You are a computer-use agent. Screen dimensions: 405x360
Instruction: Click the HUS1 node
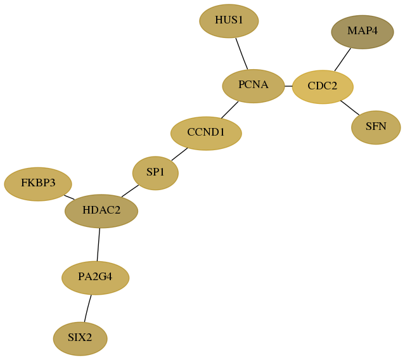click(229, 21)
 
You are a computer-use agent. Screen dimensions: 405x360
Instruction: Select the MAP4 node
click(363, 32)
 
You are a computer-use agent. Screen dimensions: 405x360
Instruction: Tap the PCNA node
click(254, 86)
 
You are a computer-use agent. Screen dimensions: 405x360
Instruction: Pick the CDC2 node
click(323, 87)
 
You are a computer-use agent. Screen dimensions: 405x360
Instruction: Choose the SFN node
click(376, 127)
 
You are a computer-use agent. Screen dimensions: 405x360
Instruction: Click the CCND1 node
click(206, 133)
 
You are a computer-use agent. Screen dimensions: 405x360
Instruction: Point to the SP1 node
click(155, 173)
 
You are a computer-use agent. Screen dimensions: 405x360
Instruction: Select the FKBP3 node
click(38, 184)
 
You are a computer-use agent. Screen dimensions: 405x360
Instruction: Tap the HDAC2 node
click(101, 211)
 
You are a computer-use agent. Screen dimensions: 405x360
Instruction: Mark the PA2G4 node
click(95, 278)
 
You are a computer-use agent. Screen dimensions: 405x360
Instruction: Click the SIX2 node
click(80, 338)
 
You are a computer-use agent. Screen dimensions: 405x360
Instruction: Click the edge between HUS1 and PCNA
click(241, 54)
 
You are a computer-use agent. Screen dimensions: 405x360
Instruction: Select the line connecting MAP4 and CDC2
click(342, 60)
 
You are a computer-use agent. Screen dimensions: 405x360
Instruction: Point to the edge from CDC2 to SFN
click(350, 108)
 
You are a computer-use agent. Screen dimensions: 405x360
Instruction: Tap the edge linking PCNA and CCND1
click(229, 110)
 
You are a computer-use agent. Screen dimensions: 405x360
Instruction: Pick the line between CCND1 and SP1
click(179, 154)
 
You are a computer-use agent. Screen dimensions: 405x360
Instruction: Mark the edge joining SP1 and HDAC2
click(130, 191)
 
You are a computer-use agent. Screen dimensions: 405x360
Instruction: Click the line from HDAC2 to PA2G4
click(98, 245)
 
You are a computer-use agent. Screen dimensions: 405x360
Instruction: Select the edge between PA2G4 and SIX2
click(87, 309)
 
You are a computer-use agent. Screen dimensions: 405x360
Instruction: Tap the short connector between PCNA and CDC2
click(288, 86)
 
